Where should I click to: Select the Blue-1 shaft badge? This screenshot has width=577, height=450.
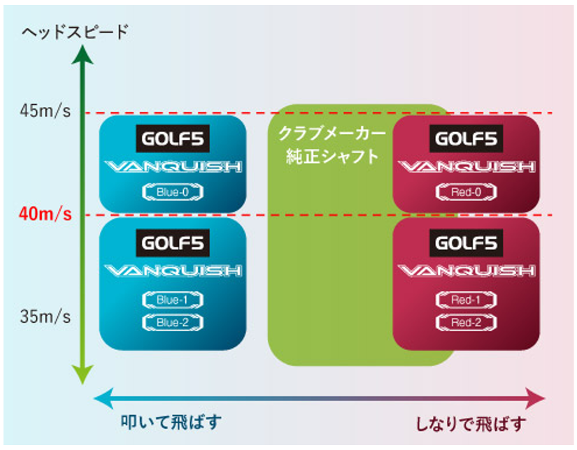click(173, 300)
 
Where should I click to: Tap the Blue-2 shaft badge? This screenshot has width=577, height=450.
click(173, 322)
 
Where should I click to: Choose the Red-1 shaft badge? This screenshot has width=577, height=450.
click(466, 300)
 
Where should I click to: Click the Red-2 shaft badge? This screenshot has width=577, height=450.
click(466, 322)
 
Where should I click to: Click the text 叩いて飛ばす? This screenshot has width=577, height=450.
click(163, 423)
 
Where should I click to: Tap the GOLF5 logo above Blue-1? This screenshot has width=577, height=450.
click(172, 242)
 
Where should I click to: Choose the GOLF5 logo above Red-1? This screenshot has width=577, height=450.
click(466, 242)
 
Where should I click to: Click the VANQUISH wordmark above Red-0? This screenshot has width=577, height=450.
click(466, 166)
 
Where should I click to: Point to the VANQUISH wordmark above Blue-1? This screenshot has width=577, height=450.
click(172, 270)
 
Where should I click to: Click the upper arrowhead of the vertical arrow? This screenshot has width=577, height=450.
click(83, 55)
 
